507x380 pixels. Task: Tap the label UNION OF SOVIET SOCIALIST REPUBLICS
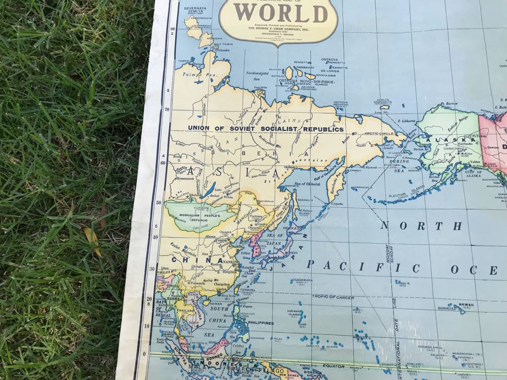[x=264, y=129]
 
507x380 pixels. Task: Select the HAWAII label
[x=466, y=305]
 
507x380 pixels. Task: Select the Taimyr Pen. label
[x=190, y=75]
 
